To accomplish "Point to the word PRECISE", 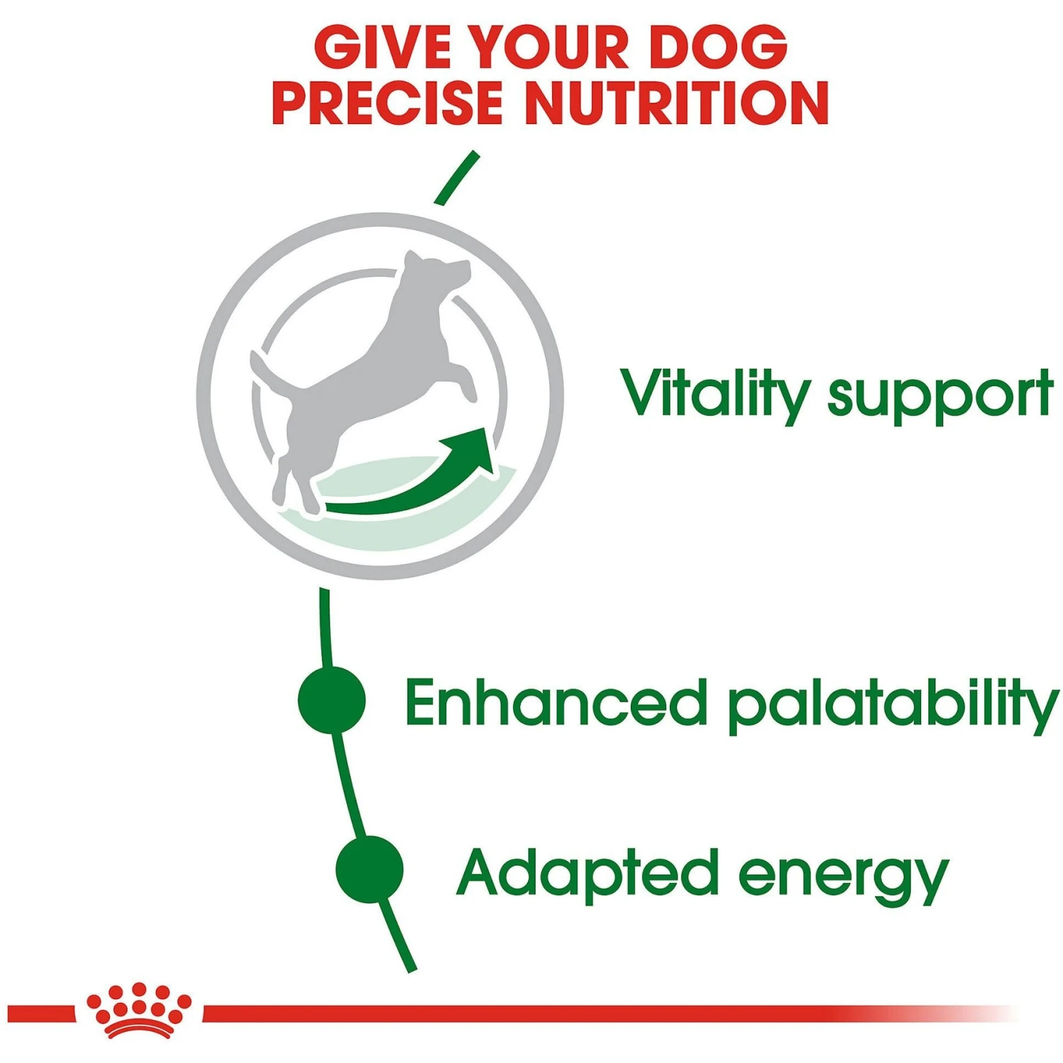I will [387, 103].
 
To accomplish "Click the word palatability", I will [893, 705].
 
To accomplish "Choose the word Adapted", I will [587, 873].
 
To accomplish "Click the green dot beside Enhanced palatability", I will [332, 700].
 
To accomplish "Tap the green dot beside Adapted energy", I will [369, 870].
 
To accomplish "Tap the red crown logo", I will [139, 1011].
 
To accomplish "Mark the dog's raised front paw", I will [468, 386].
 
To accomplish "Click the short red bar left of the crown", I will [40, 1013].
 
